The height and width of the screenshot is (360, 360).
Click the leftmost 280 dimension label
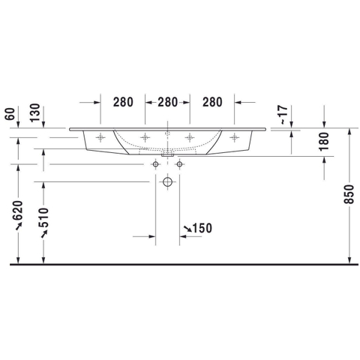coord(123,102)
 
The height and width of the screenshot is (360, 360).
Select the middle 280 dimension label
coord(167,102)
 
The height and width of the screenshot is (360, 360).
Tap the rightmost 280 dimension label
coord(212,102)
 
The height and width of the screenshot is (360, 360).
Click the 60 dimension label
coord(10,114)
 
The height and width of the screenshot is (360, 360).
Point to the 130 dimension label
coord(35,112)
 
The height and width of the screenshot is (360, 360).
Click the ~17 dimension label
coord(283,115)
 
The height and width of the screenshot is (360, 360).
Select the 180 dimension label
coord(324,142)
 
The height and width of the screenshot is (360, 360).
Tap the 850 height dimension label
coord(349,194)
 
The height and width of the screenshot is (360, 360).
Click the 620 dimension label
coord(18,210)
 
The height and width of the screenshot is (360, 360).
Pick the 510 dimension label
coord(43,217)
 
